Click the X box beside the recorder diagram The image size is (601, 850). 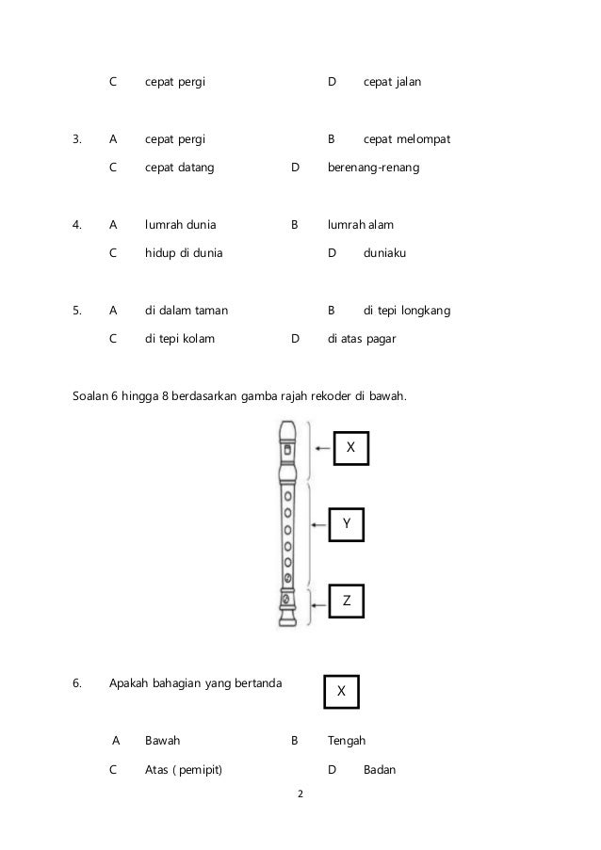tap(351, 449)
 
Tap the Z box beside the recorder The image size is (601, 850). tap(346, 600)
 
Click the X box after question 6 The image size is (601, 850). tap(341, 691)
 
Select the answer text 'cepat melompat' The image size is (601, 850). tap(407, 139)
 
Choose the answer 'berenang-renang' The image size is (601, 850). tap(374, 168)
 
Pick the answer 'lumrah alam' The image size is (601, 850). tap(361, 225)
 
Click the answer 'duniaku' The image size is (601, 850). tap(386, 253)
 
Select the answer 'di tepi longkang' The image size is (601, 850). tap(407, 310)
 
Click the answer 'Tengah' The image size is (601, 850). tap(346, 741)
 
